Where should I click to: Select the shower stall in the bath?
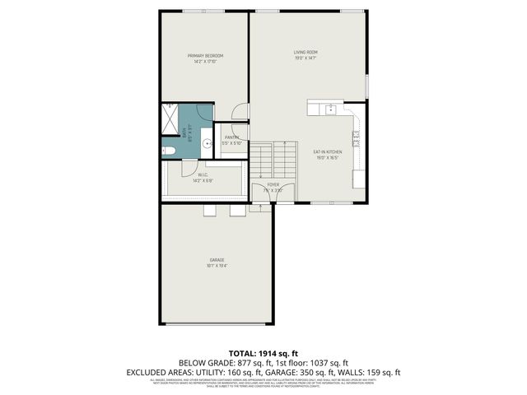[x=169, y=119]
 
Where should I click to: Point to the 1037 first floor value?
[x=318, y=362]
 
